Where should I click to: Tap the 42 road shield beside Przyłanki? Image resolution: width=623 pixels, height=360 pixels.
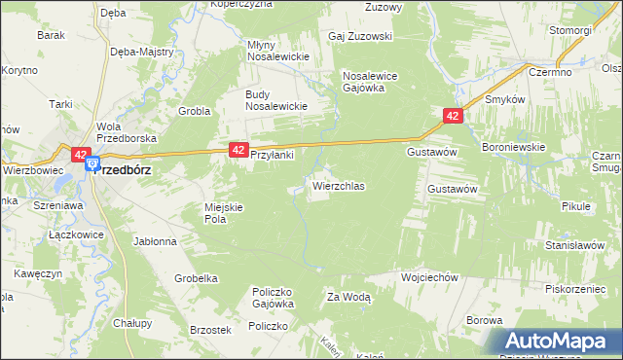tap(238, 150)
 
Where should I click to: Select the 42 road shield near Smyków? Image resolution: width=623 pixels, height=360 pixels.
tap(453, 116)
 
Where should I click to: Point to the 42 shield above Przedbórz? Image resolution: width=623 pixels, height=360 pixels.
tap(80, 154)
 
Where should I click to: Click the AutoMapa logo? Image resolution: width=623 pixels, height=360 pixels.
tap(560, 342)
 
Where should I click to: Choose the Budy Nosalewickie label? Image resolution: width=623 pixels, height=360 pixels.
tap(276, 100)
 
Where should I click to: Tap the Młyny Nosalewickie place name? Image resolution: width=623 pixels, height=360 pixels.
tap(277, 51)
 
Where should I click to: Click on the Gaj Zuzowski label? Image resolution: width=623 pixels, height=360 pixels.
tap(360, 37)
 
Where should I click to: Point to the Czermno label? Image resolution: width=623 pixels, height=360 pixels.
tap(549, 72)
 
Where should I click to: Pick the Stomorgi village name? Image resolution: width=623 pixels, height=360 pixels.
tap(569, 30)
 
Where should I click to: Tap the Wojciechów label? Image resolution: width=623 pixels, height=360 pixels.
tap(429, 277)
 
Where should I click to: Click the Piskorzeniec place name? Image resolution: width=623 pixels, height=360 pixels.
tap(577, 288)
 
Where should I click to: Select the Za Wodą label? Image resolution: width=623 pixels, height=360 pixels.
tap(348, 298)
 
